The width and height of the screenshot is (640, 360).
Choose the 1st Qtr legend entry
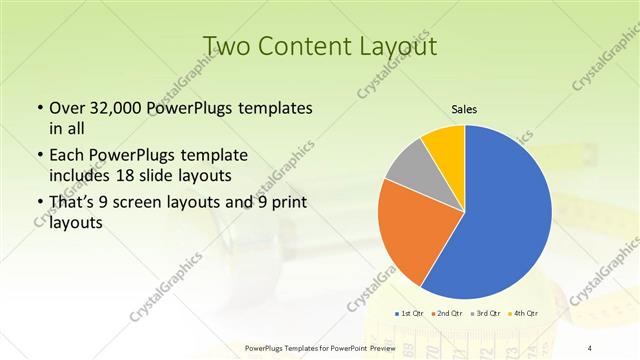coord(412,314)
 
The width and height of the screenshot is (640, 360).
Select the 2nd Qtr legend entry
coord(446,314)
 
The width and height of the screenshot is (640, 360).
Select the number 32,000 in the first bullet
coord(118,108)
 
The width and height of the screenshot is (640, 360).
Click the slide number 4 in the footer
coord(590,348)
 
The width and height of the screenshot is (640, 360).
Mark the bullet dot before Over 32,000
coord(39,108)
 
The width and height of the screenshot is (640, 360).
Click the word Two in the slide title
coord(226,46)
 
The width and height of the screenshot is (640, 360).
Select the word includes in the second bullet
coord(81,175)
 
